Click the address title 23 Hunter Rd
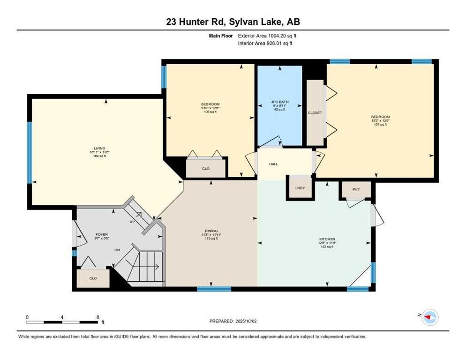click(x=233, y=22)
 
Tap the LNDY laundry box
click(x=300, y=188)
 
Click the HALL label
click(x=273, y=164)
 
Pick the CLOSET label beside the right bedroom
click(x=315, y=113)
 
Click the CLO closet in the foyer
click(x=93, y=278)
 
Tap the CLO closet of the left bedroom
click(x=205, y=168)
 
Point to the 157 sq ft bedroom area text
click(x=380, y=124)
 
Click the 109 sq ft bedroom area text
click(x=210, y=112)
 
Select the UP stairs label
click(x=133, y=221)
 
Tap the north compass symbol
click(x=428, y=317)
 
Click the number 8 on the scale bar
click(x=97, y=317)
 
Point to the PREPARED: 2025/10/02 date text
click(x=233, y=321)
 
